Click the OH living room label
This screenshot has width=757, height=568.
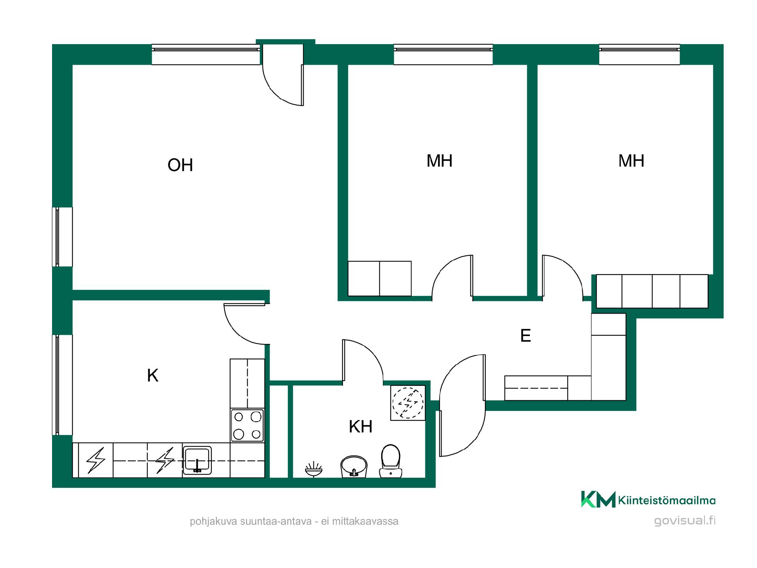[180, 165]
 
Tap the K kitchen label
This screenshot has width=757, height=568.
[153, 376]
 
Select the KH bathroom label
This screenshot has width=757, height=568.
[361, 426]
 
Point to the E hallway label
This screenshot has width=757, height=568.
[526, 335]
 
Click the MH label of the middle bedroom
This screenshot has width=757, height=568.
[439, 161]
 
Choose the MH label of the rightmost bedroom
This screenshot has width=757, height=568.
[631, 161]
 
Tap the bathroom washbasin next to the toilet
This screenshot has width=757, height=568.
[354, 467]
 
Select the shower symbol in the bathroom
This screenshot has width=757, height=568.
[314, 469]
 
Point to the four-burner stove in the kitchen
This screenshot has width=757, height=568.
[247, 425]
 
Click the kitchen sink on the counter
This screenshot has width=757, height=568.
[197, 460]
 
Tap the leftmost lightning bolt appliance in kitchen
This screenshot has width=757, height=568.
[96, 460]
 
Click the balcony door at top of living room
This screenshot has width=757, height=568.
[283, 75]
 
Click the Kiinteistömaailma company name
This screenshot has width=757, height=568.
[667, 501]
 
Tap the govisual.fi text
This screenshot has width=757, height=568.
[685, 521]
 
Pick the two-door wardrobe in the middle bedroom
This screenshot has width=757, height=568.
[380, 278]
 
